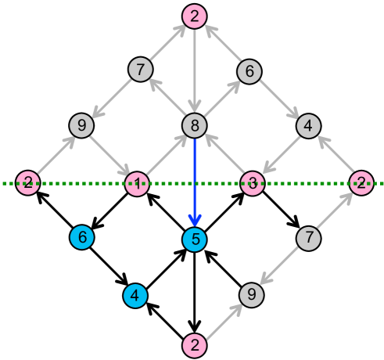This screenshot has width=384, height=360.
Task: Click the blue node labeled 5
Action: [x=194, y=239]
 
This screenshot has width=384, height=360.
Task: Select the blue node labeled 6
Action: [x=81, y=236]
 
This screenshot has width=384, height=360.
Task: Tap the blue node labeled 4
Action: [x=135, y=295]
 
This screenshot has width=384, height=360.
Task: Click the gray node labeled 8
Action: [x=194, y=125]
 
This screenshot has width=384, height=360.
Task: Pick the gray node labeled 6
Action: [x=249, y=71]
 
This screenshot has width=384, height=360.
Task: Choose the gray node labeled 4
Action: [x=308, y=125]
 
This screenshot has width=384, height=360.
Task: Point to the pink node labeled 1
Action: [x=137, y=184]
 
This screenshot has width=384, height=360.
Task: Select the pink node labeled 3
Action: [x=252, y=184]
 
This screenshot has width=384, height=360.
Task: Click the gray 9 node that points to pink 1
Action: [x=81, y=125]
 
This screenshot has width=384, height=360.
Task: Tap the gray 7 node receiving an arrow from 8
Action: [x=140, y=70]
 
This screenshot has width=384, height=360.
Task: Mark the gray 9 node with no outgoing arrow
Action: [x=251, y=294]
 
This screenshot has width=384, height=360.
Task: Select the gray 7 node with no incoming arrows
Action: [x=309, y=237]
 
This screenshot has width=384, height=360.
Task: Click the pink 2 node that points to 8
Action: [x=194, y=16]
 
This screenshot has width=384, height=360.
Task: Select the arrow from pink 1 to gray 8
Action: [x=165, y=155]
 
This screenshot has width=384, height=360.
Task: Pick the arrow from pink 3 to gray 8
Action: [x=223, y=155]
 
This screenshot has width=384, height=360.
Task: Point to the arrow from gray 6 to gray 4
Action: [x=278, y=98]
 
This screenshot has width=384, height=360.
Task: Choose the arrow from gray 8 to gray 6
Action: [x=221, y=99]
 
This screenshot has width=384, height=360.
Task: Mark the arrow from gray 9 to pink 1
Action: [x=109, y=155]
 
